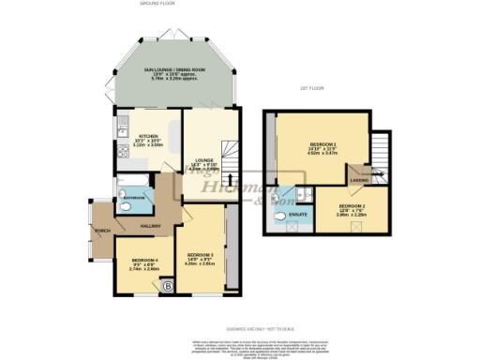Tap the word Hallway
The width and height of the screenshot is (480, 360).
pyautogui.click(x=151, y=226)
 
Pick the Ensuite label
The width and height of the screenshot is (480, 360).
pyautogui.click(x=298, y=217)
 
